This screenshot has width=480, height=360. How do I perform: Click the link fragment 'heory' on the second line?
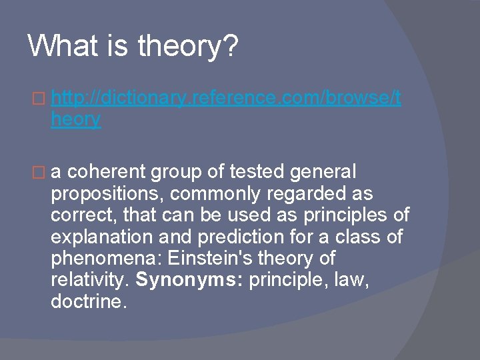click(75, 120)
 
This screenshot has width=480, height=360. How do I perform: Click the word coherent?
click(107, 173)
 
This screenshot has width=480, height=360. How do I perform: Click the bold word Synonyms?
click(189, 280)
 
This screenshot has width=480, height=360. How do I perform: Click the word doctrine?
click(88, 301)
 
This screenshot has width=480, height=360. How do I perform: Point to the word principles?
click(347, 216)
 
